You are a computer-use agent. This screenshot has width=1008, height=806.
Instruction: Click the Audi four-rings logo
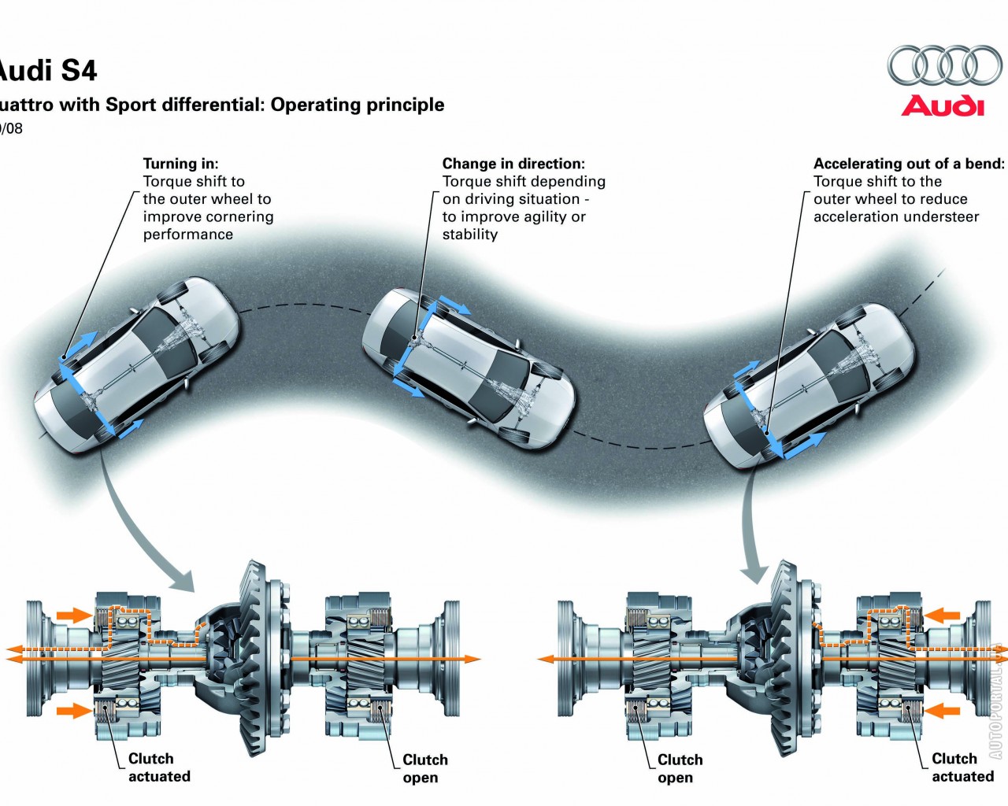pos(944,65)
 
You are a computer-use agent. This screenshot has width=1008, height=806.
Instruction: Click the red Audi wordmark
pos(943,105)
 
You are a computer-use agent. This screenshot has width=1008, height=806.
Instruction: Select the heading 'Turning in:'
pos(180,164)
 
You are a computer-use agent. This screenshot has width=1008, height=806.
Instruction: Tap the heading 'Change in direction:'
pos(513,164)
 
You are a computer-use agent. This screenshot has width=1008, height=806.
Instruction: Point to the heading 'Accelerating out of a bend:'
pos(909,164)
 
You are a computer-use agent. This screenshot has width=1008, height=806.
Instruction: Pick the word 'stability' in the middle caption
pos(470,235)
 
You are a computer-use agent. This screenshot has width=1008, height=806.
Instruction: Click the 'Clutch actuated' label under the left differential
pos(158,767)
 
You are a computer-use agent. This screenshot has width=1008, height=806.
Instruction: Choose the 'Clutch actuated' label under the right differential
pos(962,767)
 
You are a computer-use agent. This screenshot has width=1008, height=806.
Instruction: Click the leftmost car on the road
pos(135,362)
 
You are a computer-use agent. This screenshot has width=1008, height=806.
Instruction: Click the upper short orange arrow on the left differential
pos(75,615)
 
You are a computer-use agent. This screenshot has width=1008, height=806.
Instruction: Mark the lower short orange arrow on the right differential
pos(943,712)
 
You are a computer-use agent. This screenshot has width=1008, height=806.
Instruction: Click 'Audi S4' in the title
pos(47,71)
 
